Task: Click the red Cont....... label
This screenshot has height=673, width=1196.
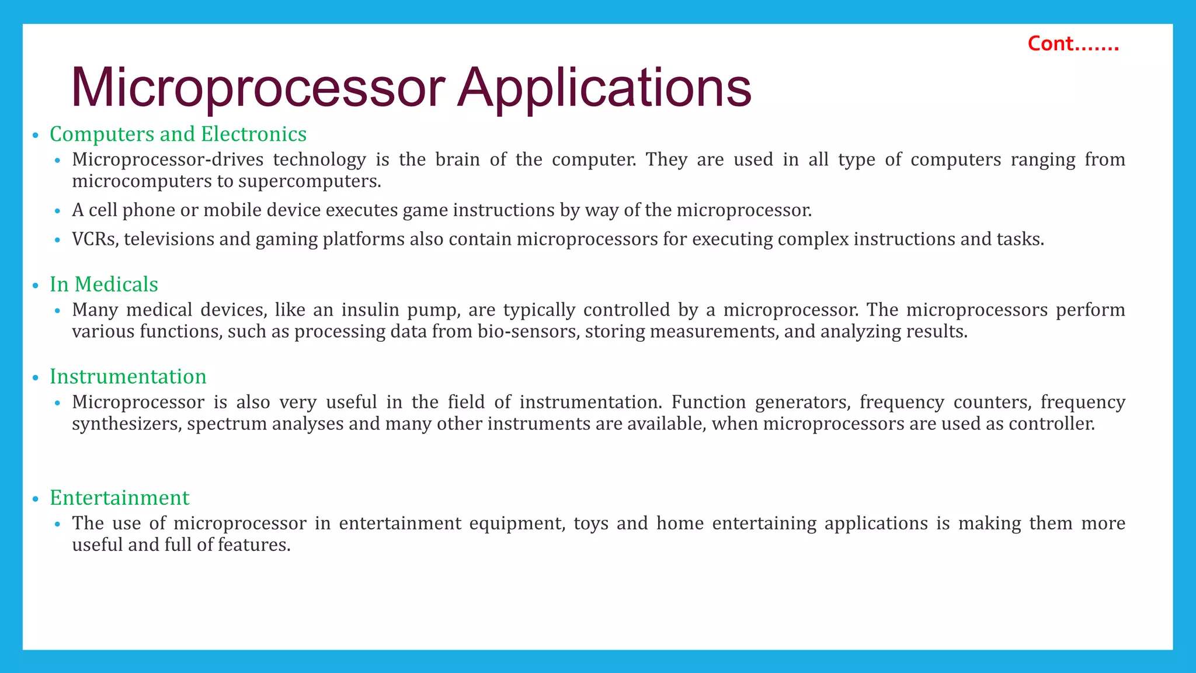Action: click(x=1073, y=44)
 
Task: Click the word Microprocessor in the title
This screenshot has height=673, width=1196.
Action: click(x=258, y=88)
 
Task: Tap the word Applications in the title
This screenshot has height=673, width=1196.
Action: click(x=604, y=88)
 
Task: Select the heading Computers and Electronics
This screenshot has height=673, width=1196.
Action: click(x=178, y=134)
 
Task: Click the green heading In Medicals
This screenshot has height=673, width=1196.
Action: click(x=104, y=285)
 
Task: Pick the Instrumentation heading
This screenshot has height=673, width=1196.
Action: click(x=128, y=377)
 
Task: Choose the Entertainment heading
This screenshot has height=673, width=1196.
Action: click(x=120, y=498)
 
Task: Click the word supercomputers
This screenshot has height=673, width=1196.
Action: click(x=309, y=182)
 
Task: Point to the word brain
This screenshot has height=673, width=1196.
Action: click(x=457, y=159)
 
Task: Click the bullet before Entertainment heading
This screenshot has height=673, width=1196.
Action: click(x=36, y=499)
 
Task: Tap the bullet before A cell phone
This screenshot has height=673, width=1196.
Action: click(x=57, y=211)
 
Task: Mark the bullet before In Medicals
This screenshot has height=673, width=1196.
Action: click(x=36, y=286)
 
